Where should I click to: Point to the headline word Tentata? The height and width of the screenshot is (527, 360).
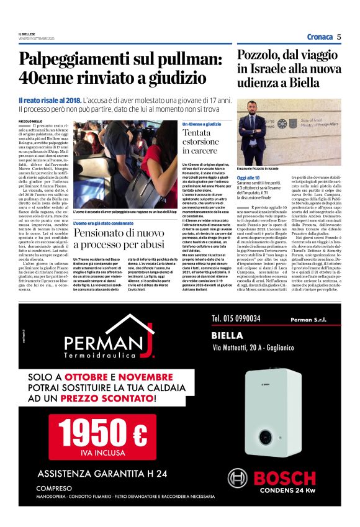point(197,133)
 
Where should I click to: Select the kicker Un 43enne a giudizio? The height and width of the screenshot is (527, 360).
point(202,124)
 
